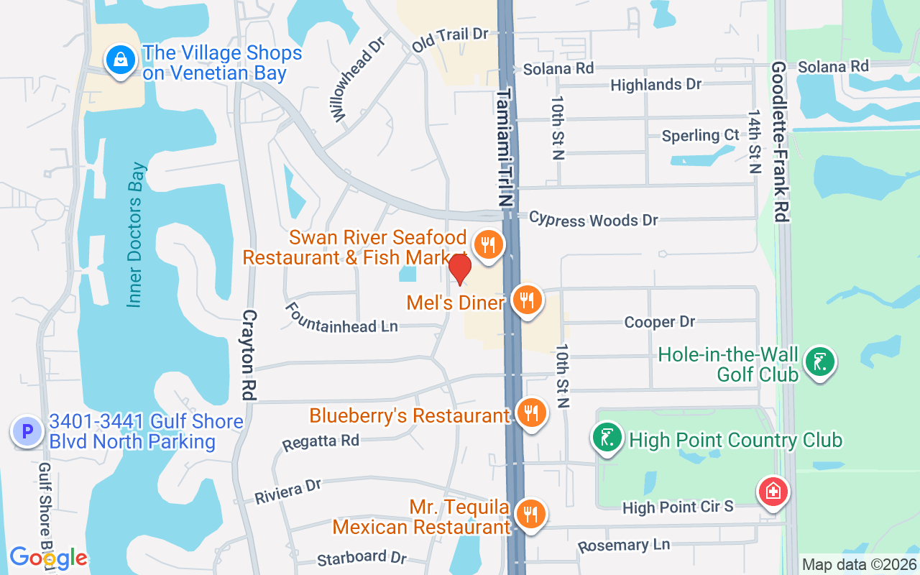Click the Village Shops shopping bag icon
click(x=121, y=60)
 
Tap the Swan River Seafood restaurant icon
click(x=489, y=246)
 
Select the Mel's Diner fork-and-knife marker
click(x=528, y=300)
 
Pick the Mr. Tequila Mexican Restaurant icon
click(x=531, y=515)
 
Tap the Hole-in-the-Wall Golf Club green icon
click(x=819, y=362)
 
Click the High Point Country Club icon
click(x=608, y=438)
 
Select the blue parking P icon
click(x=27, y=432)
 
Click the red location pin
click(x=459, y=269)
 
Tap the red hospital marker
click(x=773, y=493)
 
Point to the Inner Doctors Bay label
click(x=137, y=235)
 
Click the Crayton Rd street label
click(x=249, y=355)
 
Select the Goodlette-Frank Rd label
click(x=781, y=141)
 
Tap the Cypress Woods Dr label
click(x=593, y=219)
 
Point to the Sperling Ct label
click(x=700, y=135)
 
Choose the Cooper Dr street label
click(x=660, y=322)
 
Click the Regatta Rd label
click(x=321, y=442)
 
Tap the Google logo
click(x=48, y=558)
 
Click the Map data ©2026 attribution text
click(x=859, y=565)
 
